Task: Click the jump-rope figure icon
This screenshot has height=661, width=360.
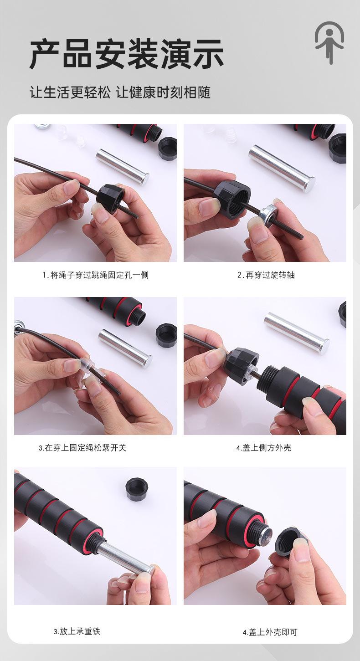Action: [329, 42]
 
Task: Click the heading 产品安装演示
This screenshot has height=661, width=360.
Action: [126, 54]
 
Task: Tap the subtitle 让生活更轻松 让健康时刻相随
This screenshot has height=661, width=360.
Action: [120, 92]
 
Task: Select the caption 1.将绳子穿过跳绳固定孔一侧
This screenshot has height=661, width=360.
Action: [95, 275]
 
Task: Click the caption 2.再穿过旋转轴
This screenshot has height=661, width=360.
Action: [266, 275]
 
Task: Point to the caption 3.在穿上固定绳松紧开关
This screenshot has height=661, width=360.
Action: [82, 448]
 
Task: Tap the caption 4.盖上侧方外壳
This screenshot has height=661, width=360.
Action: [263, 448]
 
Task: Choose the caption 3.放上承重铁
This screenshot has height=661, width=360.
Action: [77, 631]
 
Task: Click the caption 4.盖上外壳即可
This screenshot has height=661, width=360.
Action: [270, 632]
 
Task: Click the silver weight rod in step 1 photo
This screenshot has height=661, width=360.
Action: [123, 167]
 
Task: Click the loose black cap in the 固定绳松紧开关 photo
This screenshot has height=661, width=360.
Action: [166, 335]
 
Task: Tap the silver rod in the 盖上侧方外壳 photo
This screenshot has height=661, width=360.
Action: [297, 333]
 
